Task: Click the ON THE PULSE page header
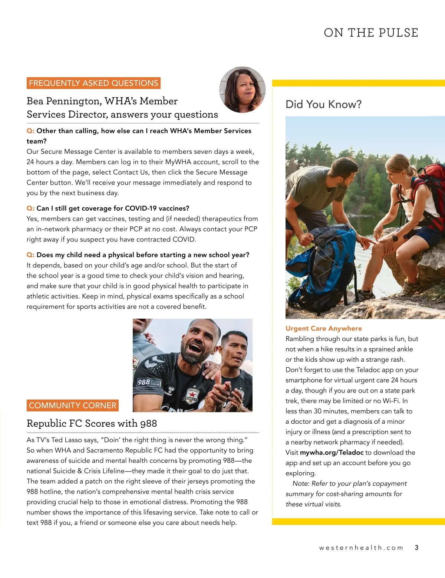[x=371, y=33]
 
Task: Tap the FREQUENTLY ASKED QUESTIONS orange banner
[x=93, y=83]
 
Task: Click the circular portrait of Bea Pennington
[x=243, y=90]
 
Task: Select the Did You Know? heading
[x=323, y=104]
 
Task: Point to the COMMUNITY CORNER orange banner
[x=73, y=405]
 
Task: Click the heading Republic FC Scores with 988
[x=92, y=423]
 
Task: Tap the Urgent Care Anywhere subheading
[x=323, y=328]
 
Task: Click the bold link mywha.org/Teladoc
[x=332, y=453]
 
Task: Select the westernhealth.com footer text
[x=361, y=548]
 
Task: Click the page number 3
[x=416, y=548]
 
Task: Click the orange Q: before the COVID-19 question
[x=30, y=208]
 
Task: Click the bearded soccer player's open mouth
[x=195, y=349]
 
